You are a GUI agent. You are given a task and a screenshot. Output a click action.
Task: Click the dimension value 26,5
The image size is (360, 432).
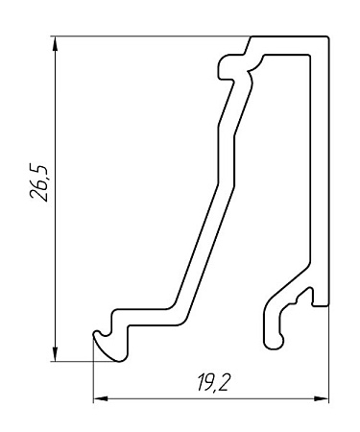pyautogui.click(x=38, y=182)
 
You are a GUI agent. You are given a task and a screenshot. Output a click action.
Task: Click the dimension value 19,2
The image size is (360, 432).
pyautogui.click(x=213, y=382)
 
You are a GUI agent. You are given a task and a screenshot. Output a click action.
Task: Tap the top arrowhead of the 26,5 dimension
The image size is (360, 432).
pyautogui.click(x=56, y=43)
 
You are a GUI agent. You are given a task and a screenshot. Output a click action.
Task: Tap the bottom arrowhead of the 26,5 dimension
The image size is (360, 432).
pyautogui.click(x=56, y=353)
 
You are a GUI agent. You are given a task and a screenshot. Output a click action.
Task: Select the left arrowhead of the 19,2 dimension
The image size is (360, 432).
pyautogui.click(x=100, y=398)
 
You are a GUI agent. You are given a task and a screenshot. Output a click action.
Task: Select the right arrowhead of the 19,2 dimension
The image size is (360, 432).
pyautogui.click(x=322, y=398)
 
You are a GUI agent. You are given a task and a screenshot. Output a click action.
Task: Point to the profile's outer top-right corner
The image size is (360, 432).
pyautogui.click(x=328, y=36)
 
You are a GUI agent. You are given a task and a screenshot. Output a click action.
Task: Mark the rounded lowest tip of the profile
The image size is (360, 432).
pyautogui.click(x=120, y=360)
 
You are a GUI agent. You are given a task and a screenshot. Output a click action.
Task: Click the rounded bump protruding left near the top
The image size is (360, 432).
pyautogui.click(x=224, y=67)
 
